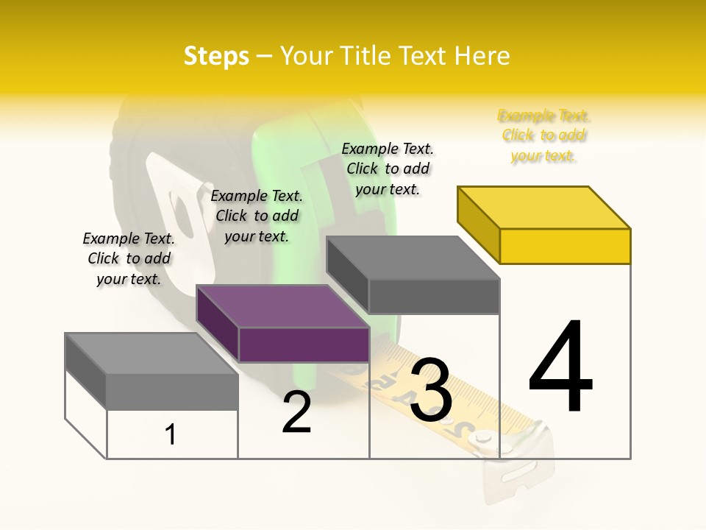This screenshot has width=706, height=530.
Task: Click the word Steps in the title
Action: point(216,56)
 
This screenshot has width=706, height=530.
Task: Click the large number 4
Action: point(560,367)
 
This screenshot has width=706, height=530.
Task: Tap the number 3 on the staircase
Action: point(431,391)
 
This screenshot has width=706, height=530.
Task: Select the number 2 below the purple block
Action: point(296,412)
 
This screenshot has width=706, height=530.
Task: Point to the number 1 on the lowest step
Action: point(171,434)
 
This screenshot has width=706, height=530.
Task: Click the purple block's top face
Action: point(282,305)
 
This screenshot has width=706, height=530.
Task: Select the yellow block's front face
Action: point(565,246)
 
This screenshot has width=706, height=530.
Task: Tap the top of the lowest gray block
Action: point(151,353)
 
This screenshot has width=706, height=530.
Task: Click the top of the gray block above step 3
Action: point(412,258)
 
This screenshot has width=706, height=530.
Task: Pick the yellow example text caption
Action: point(543,135)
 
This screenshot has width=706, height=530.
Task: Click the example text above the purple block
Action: point(257,216)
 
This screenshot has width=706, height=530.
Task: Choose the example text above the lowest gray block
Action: point(129,258)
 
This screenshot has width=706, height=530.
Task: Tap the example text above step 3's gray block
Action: point(388,169)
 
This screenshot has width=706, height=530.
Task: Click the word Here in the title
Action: point(482,56)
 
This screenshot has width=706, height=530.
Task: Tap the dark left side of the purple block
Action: point(217,324)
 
